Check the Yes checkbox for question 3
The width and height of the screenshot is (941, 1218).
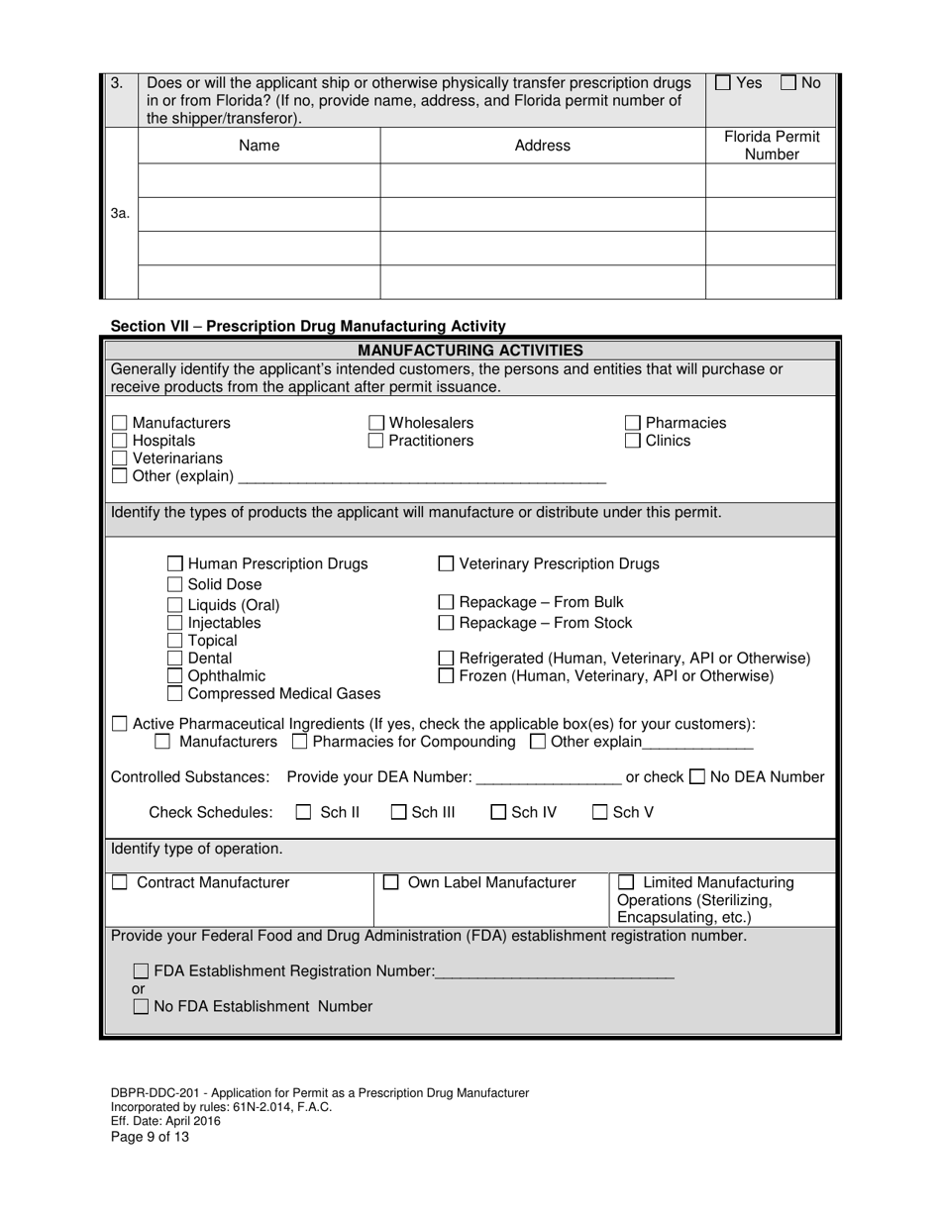(x=723, y=83)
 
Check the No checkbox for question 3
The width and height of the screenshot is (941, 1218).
(x=789, y=83)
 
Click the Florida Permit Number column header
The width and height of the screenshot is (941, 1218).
(x=771, y=146)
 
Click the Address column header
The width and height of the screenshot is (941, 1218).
(x=542, y=146)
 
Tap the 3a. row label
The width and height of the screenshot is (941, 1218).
(x=120, y=213)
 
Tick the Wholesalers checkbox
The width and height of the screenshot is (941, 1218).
(x=376, y=423)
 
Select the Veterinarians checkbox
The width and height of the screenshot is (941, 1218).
(x=120, y=458)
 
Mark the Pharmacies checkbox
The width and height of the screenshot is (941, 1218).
(x=633, y=423)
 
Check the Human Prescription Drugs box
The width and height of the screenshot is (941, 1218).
(x=175, y=564)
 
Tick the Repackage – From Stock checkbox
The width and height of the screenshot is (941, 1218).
(x=446, y=623)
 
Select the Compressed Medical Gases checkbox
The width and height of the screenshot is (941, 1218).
(x=175, y=694)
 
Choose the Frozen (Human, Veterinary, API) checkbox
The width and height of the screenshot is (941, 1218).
(x=446, y=676)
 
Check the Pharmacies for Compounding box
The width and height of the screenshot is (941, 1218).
(x=300, y=742)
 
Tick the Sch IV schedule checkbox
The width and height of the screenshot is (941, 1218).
(x=499, y=813)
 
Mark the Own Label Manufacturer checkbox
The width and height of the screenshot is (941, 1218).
(x=391, y=882)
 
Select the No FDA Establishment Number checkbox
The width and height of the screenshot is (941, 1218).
(x=141, y=1007)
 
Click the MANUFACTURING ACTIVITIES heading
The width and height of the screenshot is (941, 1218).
(x=470, y=351)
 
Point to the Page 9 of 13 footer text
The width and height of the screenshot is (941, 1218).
(x=150, y=1137)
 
